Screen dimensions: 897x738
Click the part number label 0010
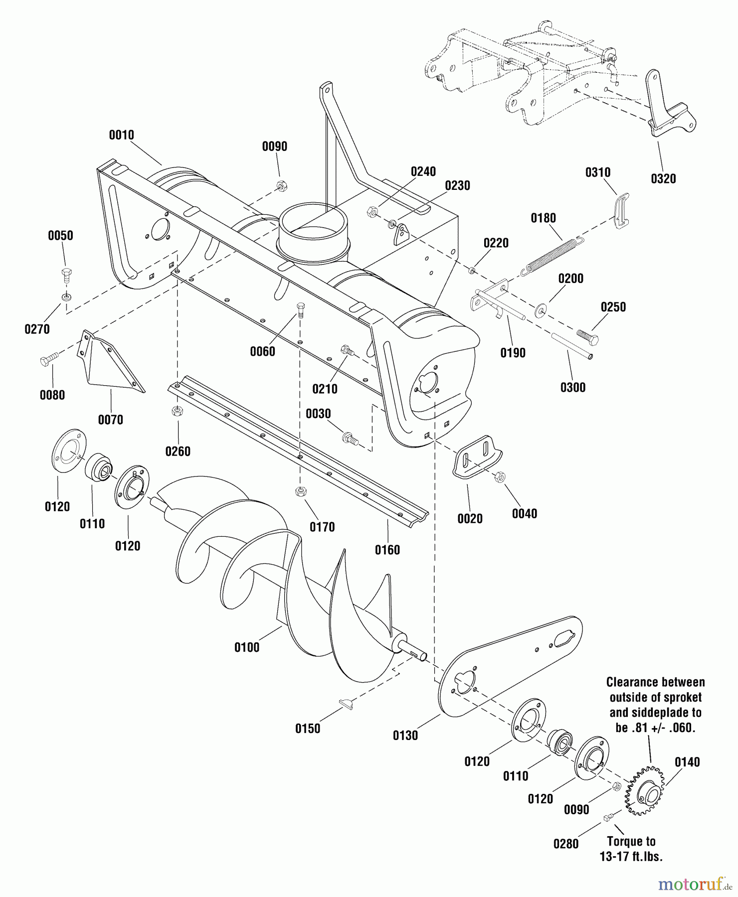coord(122,135)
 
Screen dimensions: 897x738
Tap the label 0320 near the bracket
coord(663,179)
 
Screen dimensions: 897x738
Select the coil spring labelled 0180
coord(551,255)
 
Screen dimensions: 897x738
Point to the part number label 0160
coord(387,550)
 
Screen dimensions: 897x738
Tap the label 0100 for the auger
coord(247,647)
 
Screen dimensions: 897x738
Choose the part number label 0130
coord(405,736)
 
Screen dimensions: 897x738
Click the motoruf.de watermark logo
coord(694,884)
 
